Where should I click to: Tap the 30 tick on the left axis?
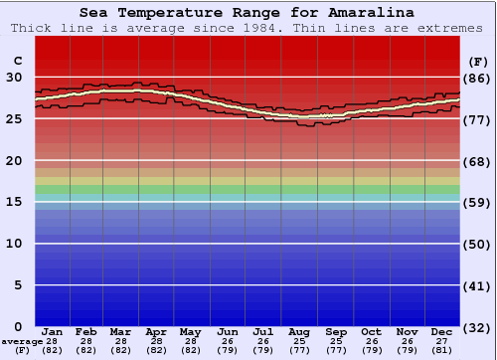14,77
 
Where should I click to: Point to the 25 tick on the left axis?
14,118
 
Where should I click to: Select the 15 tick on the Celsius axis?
14,202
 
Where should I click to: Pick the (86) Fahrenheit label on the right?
478,78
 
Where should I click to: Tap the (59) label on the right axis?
478,203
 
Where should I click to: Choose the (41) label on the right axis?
478,286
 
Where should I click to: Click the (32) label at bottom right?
478,328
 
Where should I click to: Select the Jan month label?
53,331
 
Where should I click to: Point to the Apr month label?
157,331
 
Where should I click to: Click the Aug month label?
298,331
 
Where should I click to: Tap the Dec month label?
442,331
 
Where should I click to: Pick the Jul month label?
263,331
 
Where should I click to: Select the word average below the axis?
22,341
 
